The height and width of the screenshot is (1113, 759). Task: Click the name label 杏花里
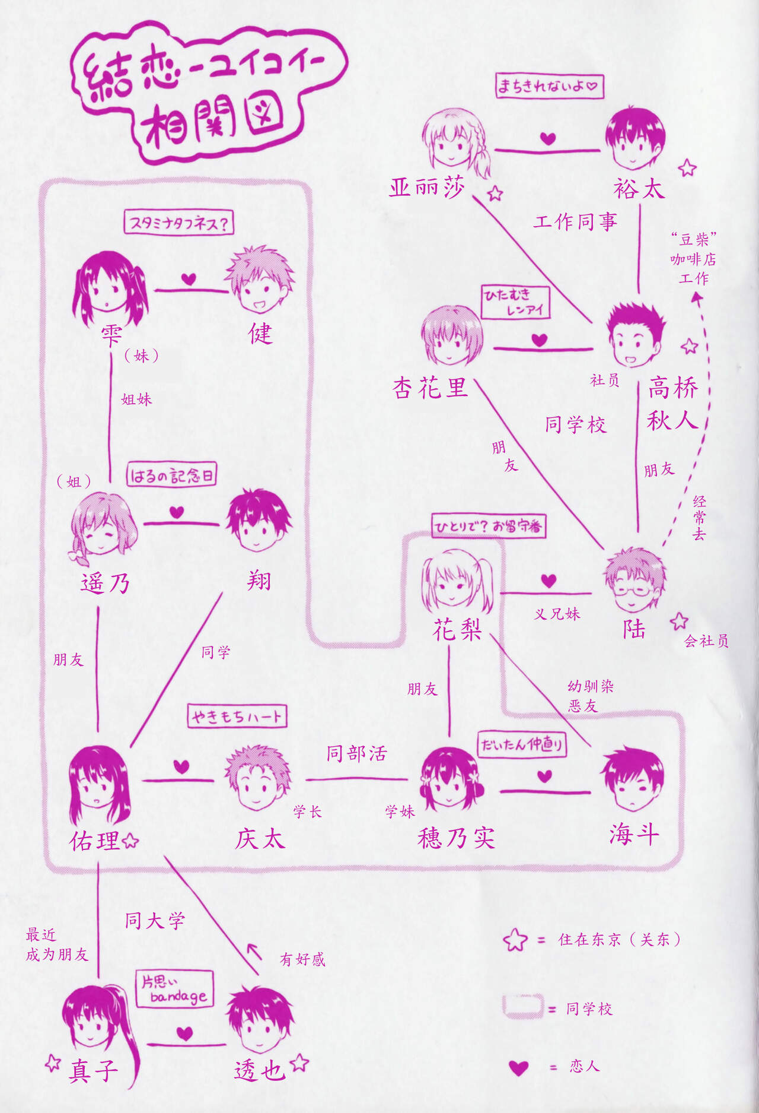pyautogui.click(x=430, y=388)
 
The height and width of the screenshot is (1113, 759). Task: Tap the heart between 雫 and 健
pyautogui.click(x=189, y=279)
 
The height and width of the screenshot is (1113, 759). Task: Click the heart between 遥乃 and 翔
pyautogui.click(x=177, y=512)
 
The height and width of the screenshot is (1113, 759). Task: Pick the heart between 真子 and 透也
pyautogui.click(x=185, y=1033)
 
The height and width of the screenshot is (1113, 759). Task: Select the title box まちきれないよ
pyautogui.click(x=549, y=86)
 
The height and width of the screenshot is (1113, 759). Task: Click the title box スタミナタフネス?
pyautogui.click(x=178, y=223)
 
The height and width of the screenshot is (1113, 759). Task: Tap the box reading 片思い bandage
pyautogui.click(x=174, y=989)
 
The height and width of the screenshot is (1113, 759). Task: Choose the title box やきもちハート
pyautogui.click(x=237, y=716)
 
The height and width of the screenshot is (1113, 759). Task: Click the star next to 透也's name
pyautogui.click(x=300, y=1063)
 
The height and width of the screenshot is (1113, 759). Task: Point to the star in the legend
pyautogui.click(x=515, y=940)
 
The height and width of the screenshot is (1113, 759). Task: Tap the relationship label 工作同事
pyautogui.click(x=575, y=222)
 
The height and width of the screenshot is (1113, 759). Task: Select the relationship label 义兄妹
pyautogui.click(x=557, y=614)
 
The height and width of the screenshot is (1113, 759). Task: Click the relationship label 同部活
pyautogui.click(x=356, y=754)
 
